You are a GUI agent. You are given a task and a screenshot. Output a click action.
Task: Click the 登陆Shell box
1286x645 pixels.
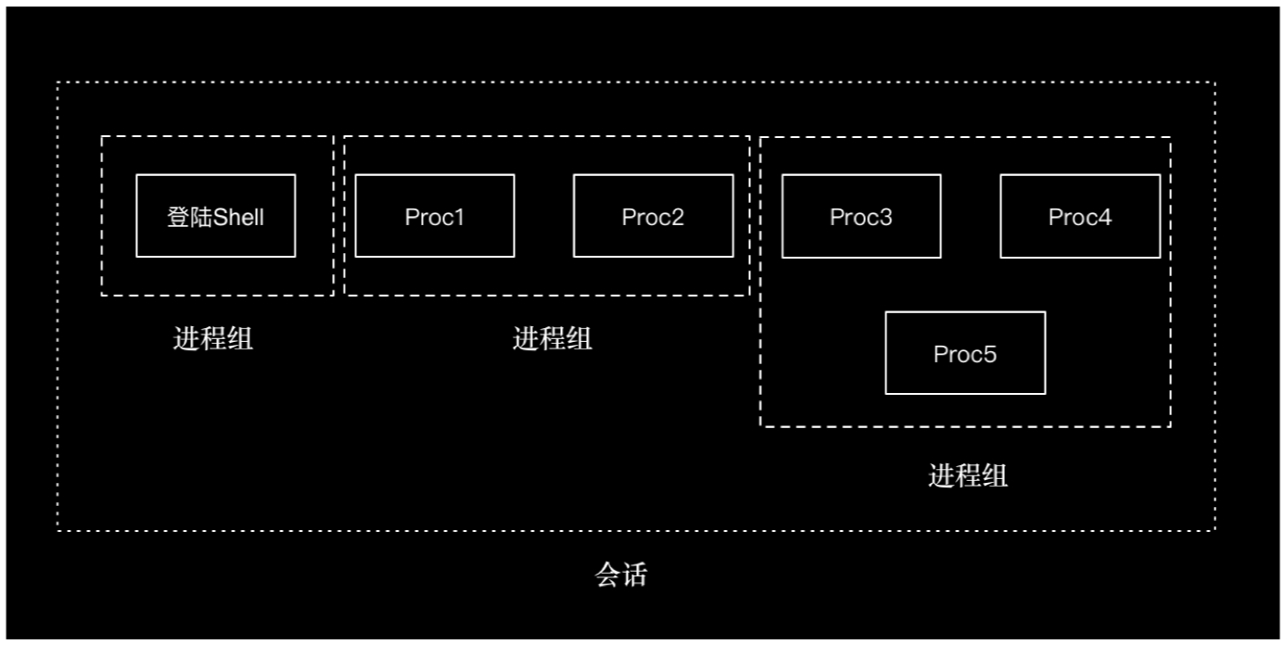point(215,216)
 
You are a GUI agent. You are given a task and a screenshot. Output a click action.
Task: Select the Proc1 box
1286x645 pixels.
point(434,216)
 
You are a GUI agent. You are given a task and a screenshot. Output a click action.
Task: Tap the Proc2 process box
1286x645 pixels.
point(653,216)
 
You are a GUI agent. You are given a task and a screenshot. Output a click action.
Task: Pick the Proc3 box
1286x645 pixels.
point(860,216)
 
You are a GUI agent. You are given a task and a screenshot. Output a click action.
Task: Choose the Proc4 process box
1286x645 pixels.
point(1079,216)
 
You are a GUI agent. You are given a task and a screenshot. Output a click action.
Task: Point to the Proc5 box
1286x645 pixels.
point(964,353)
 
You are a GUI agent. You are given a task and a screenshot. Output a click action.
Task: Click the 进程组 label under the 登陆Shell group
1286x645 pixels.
point(213,339)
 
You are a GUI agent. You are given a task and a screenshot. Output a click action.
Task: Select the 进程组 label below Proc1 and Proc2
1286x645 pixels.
point(553,339)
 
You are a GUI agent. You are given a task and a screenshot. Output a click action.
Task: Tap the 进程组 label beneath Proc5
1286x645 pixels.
point(968,476)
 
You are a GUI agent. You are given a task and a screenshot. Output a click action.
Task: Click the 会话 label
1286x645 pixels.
point(620,575)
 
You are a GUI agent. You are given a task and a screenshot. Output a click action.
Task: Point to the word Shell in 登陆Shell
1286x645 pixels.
point(239,218)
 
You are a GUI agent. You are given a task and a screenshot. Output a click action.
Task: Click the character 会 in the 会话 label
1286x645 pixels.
point(607,575)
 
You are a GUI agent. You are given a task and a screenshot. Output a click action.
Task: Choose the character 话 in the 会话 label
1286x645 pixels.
point(634,575)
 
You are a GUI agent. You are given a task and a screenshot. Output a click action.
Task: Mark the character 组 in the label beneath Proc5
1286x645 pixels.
point(995,476)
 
